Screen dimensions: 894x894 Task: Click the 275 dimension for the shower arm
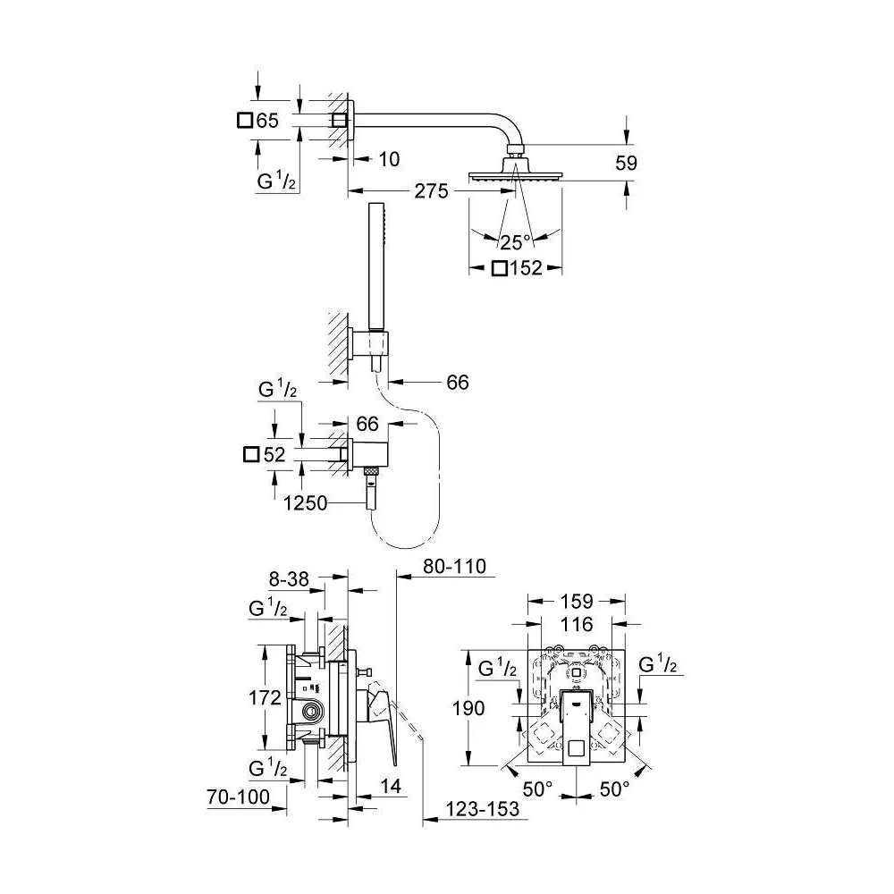(431, 191)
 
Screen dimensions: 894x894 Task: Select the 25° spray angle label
(516, 243)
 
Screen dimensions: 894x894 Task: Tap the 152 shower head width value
(525, 268)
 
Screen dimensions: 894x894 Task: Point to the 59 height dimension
(626, 163)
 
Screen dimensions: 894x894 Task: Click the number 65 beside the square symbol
(267, 121)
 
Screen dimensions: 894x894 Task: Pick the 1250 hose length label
(306, 502)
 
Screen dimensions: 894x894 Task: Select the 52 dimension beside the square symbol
(274, 454)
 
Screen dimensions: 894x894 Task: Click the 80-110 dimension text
(454, 566)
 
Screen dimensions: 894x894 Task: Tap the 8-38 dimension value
(289, 579)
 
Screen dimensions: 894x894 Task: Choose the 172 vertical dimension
(266, 697)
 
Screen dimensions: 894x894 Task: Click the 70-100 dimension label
(239, 797)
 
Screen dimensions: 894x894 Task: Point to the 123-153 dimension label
(483, 808)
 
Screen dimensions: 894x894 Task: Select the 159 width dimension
(577, 601)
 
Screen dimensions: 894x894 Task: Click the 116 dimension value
(577, 624)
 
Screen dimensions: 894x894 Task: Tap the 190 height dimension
(468, 708)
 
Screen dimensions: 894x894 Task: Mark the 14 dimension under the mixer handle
(391, 786)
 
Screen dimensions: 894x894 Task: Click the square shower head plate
(516, 177)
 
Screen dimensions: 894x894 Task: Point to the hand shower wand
(375, 266)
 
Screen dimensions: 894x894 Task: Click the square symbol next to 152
(500, 268)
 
